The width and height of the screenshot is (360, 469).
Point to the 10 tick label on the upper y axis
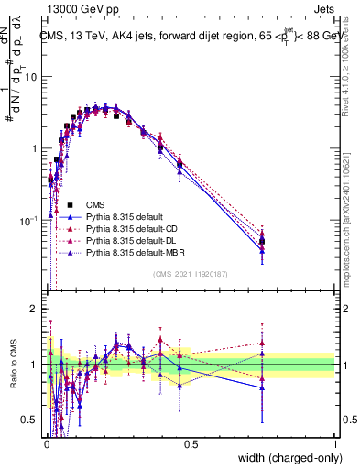30,77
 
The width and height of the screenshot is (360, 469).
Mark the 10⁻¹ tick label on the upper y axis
27,220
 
